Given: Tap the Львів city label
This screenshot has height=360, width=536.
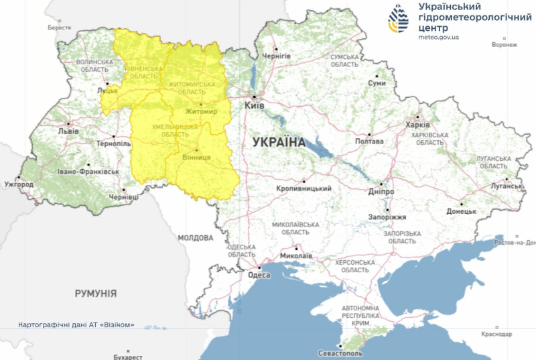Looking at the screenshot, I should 68,131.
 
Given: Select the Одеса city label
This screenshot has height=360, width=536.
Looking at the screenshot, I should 259,275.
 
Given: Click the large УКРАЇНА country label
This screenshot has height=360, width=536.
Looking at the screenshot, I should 279,142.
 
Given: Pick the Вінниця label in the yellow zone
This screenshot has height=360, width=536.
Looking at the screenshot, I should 196,157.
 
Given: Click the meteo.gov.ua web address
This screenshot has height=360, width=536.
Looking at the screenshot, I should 439,38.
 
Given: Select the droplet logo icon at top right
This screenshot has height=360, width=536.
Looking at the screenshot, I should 401,19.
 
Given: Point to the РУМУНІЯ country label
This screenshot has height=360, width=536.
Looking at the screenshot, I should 95,294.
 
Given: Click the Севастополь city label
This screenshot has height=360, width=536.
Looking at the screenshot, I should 340,353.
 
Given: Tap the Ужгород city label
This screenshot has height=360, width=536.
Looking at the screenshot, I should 18,184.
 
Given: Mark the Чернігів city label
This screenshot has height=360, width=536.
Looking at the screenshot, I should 276,56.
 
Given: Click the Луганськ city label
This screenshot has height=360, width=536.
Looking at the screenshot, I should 506,185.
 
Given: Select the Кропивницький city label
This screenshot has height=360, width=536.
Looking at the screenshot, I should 304,189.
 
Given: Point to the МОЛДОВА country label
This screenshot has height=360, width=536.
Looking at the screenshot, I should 196,238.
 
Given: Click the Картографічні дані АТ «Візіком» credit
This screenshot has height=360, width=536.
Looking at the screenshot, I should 76,325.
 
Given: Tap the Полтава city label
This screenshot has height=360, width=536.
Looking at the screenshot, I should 369,141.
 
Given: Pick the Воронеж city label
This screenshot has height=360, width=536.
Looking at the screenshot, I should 504,45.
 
